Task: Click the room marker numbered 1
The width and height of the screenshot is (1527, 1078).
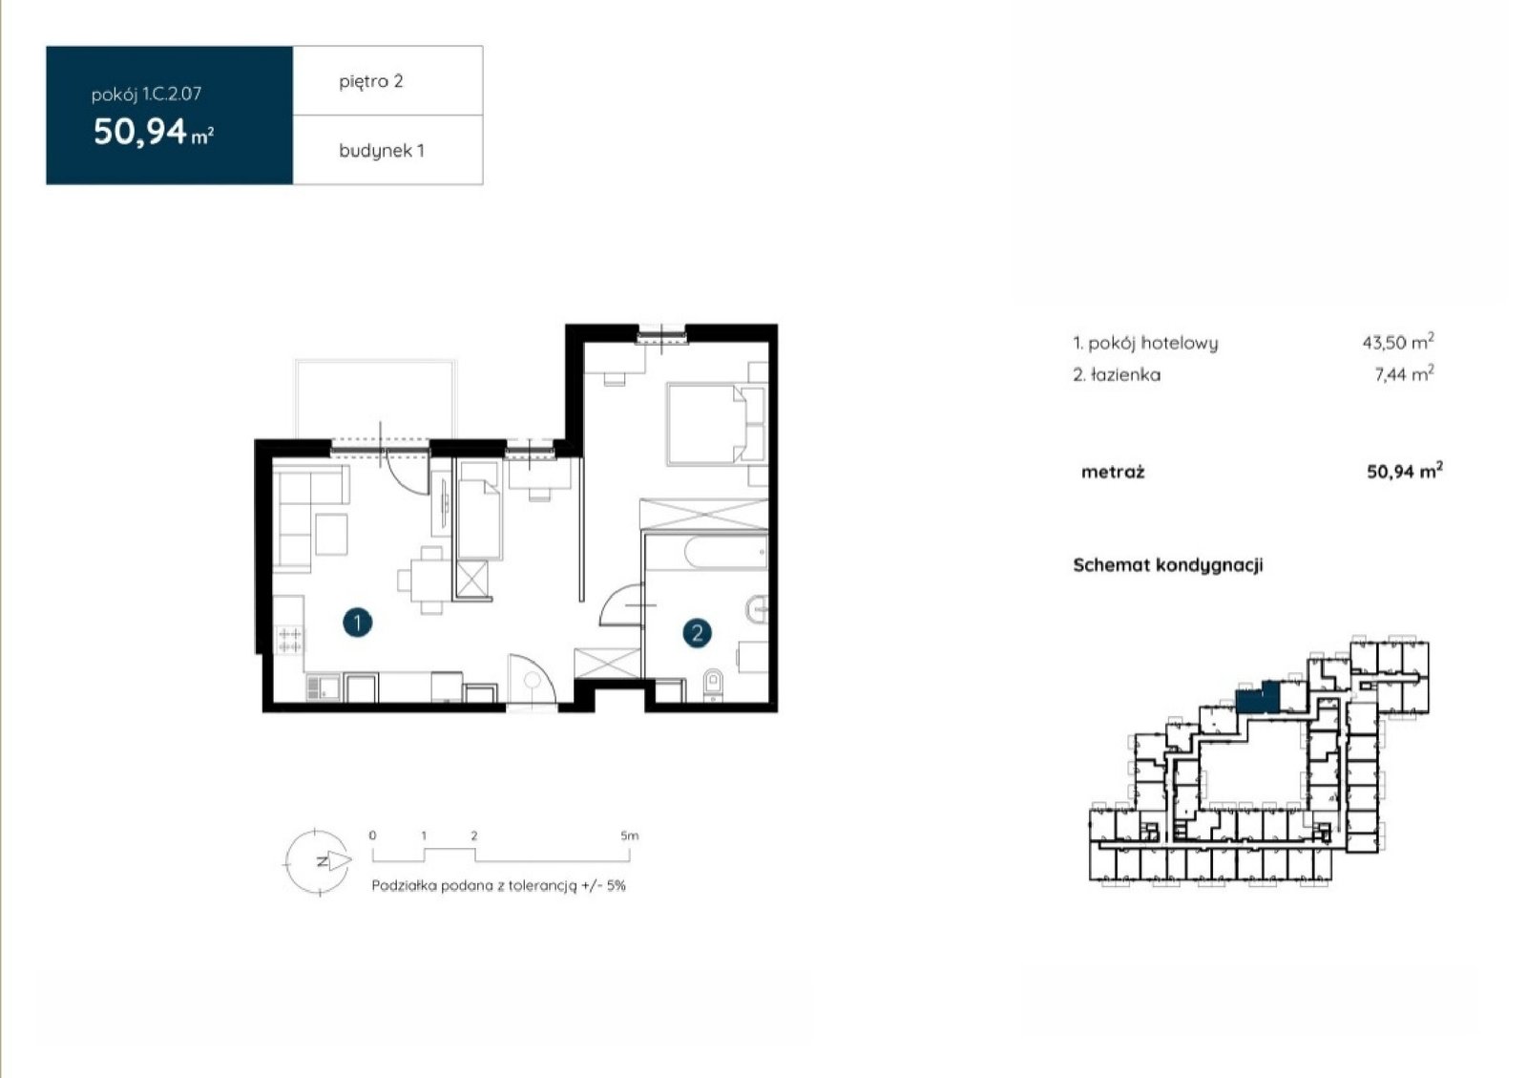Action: coord(357,623)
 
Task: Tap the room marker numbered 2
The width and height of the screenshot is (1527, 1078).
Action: coord(697,633)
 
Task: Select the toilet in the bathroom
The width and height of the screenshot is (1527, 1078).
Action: coord(713,685)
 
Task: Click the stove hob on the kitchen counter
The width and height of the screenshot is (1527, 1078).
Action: coord(290,641)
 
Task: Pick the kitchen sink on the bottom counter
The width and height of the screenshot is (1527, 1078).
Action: coord(324,687)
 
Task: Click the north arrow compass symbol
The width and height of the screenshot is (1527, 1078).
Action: coord(318,861)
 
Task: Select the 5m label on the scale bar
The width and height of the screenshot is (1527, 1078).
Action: coord(629,835)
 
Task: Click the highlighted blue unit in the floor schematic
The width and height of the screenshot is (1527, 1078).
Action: coord(1258,698)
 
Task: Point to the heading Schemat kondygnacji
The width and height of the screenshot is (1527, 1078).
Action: coord(1168,565)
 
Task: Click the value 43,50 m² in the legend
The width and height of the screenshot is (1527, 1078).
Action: coord(1398,342)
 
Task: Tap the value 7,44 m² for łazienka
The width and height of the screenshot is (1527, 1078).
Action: coord(1404,373)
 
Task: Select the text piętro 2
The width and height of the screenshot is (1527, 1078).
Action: coord(371,81)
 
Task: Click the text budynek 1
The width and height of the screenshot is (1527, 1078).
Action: coord(382,151)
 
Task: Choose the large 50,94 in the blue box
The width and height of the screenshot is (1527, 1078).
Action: coord(139,132)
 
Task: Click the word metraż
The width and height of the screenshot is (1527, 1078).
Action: coord(1113,472)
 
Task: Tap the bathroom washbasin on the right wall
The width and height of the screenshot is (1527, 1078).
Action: coord(758,609)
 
